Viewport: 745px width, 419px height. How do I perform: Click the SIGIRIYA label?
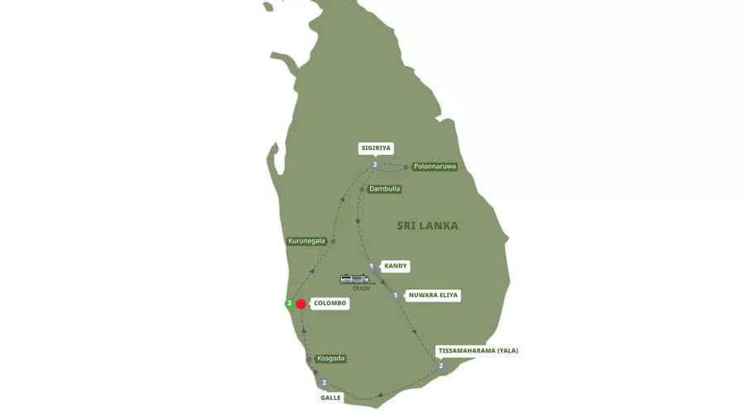point(376,148)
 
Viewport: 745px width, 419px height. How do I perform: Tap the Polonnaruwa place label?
point(435,166)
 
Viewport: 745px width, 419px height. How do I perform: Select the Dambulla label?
point(384,189)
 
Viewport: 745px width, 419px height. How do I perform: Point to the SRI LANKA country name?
point(427,225)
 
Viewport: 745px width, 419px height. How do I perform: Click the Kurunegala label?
point(306,241)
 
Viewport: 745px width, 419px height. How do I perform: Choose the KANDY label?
point(396,266)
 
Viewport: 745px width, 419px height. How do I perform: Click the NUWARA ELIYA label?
point(433,295)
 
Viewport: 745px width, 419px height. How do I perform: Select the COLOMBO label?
point(329,304)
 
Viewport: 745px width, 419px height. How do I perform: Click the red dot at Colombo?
point(301,304)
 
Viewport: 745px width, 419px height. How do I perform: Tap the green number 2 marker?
point(289,303)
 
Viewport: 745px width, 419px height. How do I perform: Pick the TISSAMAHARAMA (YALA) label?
point(478,350)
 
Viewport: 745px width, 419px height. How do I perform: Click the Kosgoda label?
point(330,359)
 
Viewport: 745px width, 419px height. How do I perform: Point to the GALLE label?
point(330,397)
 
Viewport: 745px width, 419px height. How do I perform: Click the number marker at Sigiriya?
point(375,165)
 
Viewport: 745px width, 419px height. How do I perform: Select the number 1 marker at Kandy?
point(372,266)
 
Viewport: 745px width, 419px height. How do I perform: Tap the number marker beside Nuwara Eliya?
point(396,296)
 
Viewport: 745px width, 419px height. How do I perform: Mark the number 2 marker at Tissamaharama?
point(440,365)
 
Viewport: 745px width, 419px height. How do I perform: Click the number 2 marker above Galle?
point(324,383)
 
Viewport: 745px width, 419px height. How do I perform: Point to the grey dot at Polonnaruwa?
point(406,167)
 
